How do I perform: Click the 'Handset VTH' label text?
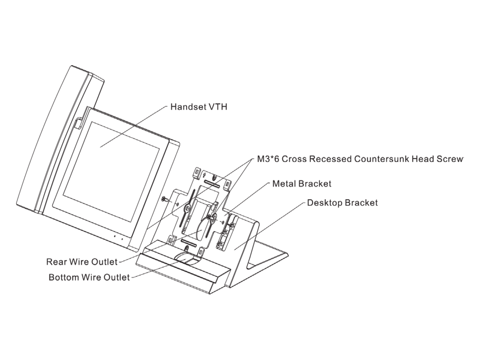click(x=199, y=107)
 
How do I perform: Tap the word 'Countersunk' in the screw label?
click(x=382, y=159)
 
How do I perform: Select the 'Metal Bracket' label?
click(x=302, y=184)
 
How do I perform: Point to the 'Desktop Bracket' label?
click(x=342, y=203)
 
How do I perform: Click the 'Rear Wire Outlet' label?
click(x=82, y=262)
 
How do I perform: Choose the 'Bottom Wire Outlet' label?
click(x=89, y=277)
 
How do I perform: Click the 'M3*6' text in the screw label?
click(x=268, y=159)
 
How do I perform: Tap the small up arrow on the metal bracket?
click(x=204, y=175)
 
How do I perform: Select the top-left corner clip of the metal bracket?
click(x=197, y=171)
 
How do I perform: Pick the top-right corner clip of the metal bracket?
click(x=228, y=184)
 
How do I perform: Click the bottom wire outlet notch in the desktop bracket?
click(x=188, y=259)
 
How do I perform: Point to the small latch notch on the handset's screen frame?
click(x=78, y=124)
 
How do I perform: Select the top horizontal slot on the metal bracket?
click(x=212, y=183)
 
